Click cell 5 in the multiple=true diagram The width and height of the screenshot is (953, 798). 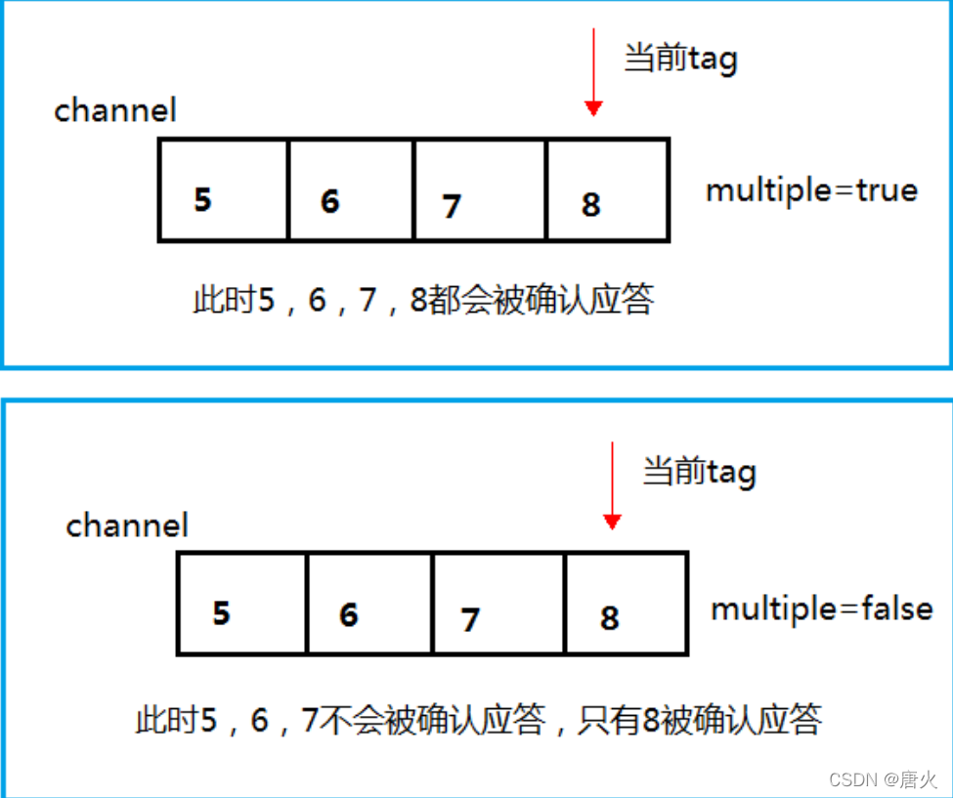click(x=223, y=190)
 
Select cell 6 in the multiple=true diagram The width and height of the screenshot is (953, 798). click(x=351, y=190)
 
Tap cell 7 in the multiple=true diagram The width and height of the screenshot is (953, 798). click(x=480, y=190)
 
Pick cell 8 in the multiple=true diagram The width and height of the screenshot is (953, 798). click(x=608, y=190)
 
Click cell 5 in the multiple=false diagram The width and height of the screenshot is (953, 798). click(x=242, y=604)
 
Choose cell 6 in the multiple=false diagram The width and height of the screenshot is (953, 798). click(x=369, y=604)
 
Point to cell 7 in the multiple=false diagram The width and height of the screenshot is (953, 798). click(x=498, y=604)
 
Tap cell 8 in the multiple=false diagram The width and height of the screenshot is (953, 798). click(x=627, y=604)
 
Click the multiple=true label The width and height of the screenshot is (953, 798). click(x=811, y=189)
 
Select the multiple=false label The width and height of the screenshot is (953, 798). click(x=821, y=609)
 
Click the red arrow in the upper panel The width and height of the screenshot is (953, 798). click(x=592, y=73)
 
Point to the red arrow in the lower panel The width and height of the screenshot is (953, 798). click(x=612, y=485)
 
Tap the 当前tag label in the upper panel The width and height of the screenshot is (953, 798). click(x=680, y=60)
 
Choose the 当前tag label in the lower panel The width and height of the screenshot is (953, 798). click(x=699, y=473)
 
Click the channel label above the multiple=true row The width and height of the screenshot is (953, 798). click(x=115, y=110)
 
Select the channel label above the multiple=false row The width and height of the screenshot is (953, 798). click(x=127, y=525)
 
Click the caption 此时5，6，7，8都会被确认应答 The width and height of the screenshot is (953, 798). click(x=423, y=300)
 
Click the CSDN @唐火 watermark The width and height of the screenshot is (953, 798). click(x=883, y=779)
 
